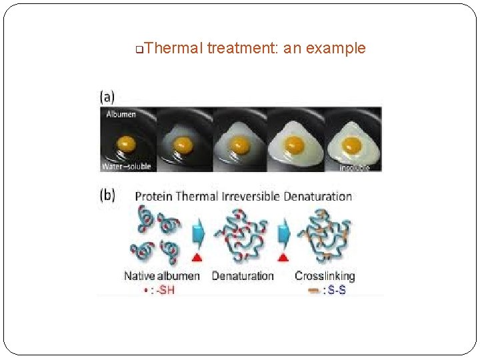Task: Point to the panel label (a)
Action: [x=107, y=97]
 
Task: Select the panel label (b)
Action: [x=107, y=196]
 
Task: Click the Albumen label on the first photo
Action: [x=120, y=114]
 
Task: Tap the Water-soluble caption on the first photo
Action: [x=127, y=166]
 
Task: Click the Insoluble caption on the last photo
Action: [x=353, y=167]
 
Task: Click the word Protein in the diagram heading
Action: [x=154, y=196]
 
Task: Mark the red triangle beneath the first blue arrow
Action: [x=197, y=257]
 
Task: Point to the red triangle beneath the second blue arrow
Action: [x=283, y=257]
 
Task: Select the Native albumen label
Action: [x=161, y=275]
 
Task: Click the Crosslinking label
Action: [x=325, y=275]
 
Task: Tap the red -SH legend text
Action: [x=163, y=289]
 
